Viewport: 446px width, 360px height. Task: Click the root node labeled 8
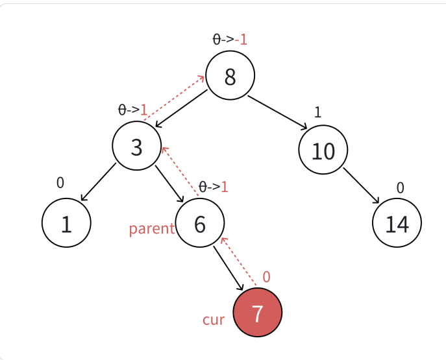coord(230,76)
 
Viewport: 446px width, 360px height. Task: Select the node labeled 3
coord(136,147)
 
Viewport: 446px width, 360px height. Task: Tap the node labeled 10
coord(323,150)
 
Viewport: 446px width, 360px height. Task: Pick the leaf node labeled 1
coord(66,223)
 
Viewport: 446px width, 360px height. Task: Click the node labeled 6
coord(200,224)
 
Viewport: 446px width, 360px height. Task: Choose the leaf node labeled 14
coord(397,223)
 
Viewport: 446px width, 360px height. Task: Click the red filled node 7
coord(257,313)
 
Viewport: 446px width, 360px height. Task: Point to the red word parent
coord(151,228)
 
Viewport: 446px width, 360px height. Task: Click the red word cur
coord(213,320)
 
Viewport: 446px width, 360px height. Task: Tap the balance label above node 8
coord(230,40)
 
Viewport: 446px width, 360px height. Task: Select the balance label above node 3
coord(132,110)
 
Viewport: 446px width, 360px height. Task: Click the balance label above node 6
coord(213,187)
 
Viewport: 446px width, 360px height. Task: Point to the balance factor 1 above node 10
coord(317,112)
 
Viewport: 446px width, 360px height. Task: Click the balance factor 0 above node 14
coord(400,187)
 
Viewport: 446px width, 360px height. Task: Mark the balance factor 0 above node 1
coord(60,182)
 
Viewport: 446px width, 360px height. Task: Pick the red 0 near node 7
coord(266,277)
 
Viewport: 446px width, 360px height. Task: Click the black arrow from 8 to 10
coord(277,112)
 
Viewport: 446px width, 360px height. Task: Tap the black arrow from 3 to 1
coord(99,182)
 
